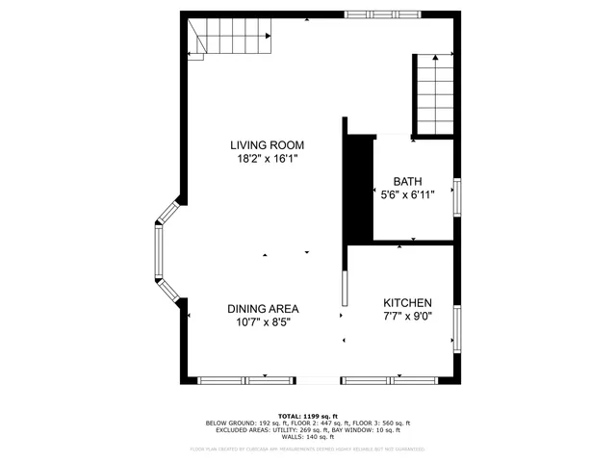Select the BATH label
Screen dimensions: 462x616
tap(408, 181)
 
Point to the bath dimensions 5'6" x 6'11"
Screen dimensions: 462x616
tap(408, 194)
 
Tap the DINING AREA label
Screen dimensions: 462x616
tap(263, 309)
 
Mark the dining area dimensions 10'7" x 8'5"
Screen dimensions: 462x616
tap(263, 322)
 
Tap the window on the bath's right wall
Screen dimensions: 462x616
tap(457, 195)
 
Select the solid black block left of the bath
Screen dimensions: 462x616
tap(359, 188)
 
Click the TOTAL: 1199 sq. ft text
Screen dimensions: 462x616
tap(307, 416)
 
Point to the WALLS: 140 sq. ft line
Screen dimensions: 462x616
tap(307, 437)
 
